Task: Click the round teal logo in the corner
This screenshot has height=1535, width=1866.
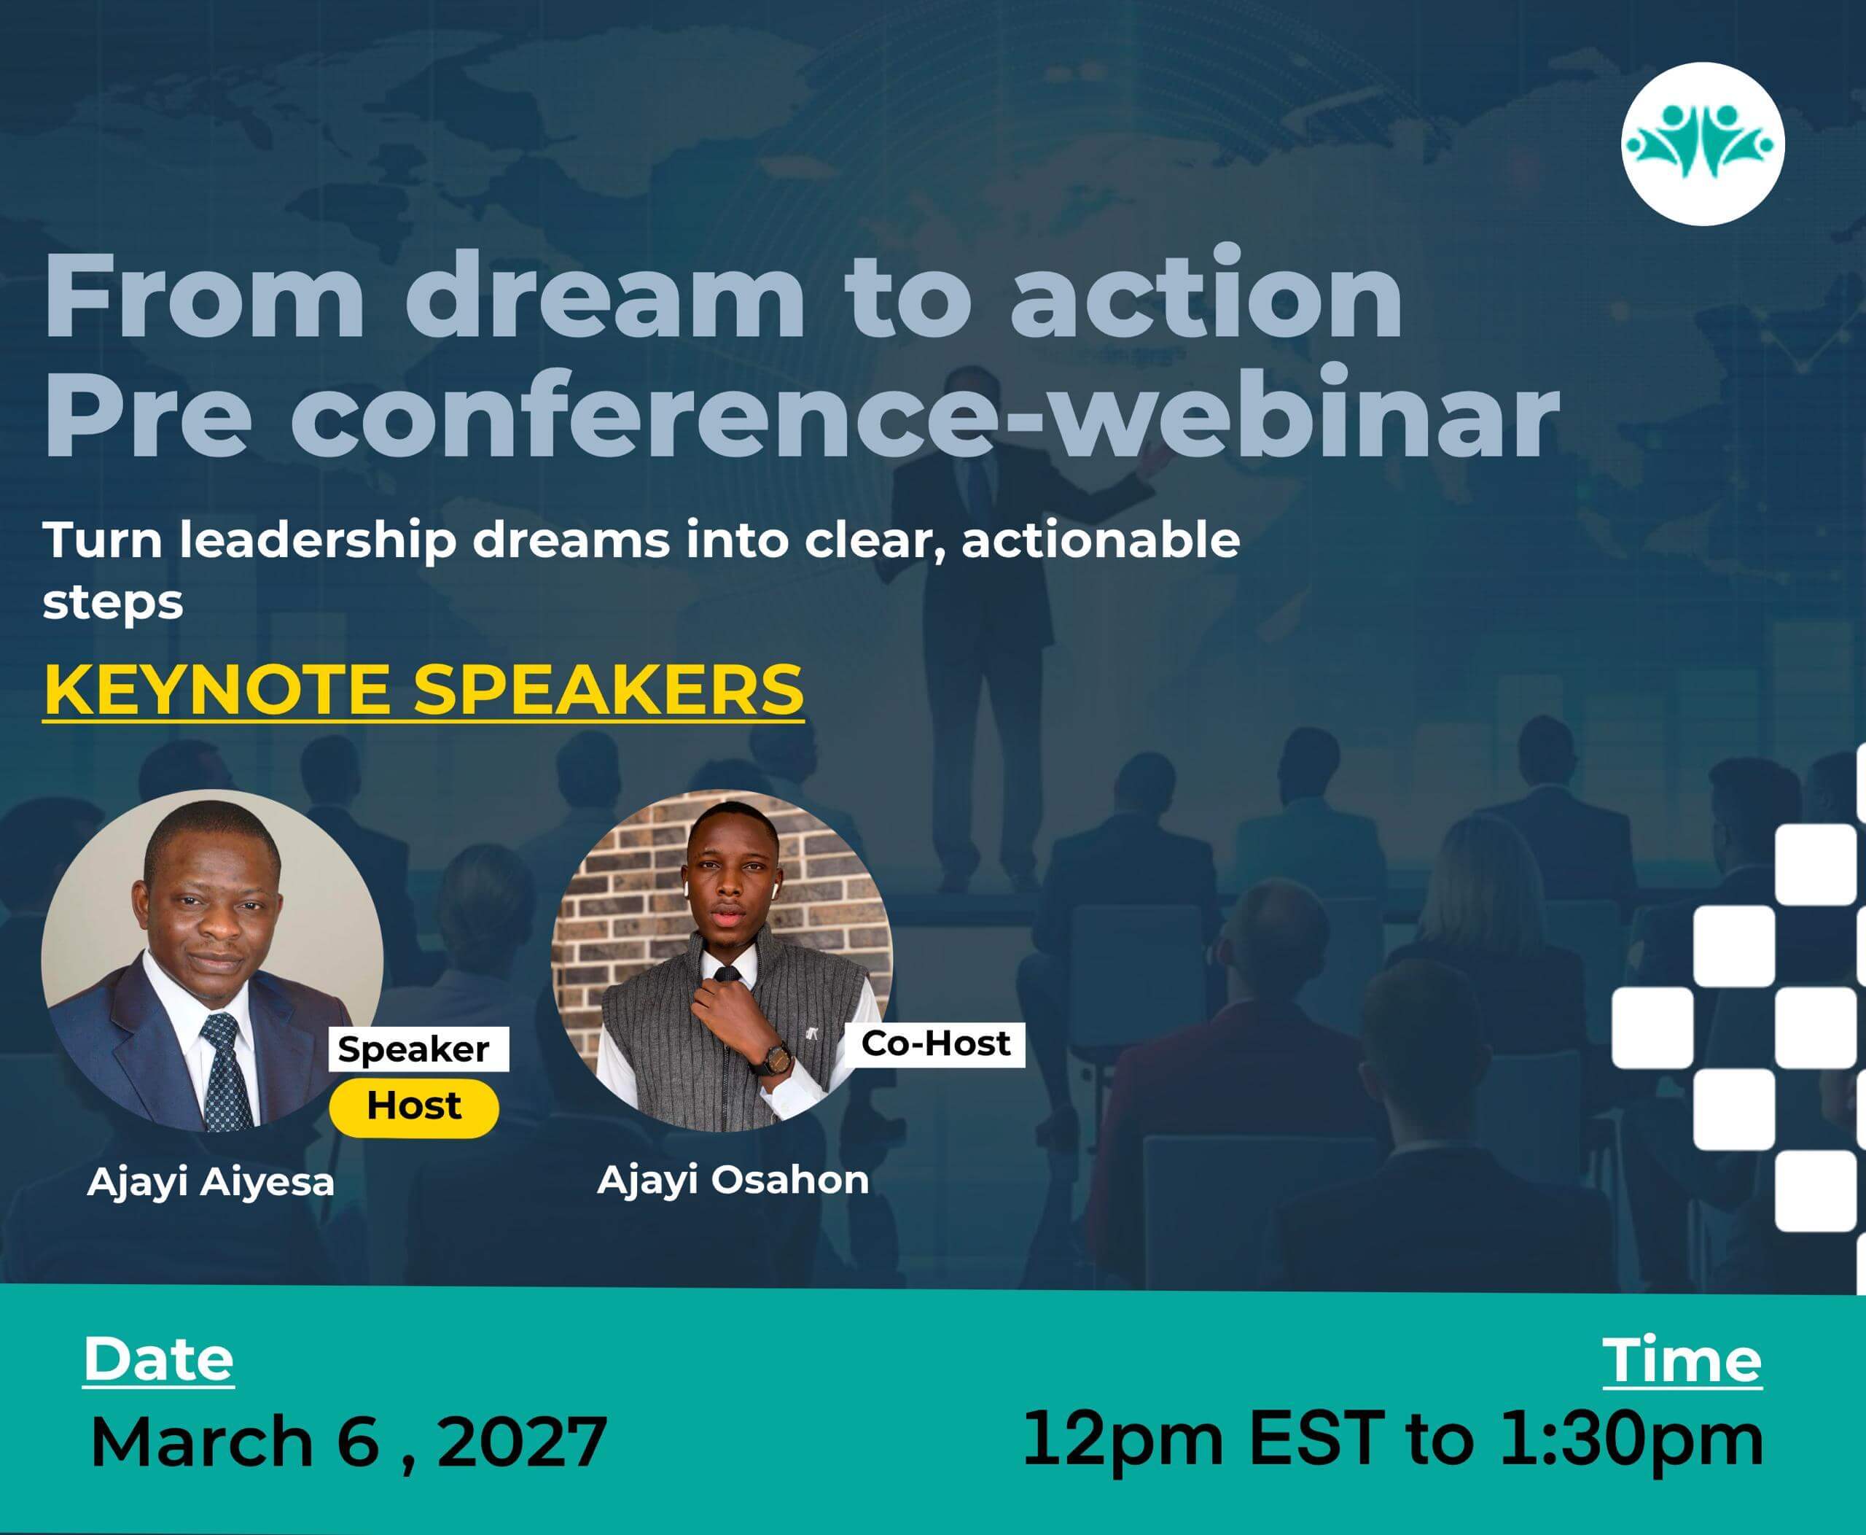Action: click(1703, 144)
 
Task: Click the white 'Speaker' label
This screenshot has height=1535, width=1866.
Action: click(414, 1049)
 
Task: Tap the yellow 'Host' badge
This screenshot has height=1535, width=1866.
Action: click(414, 1106)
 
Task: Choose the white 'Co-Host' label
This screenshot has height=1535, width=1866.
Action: click(935, 1044)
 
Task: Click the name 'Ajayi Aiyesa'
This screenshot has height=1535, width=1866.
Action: click(211, 1183)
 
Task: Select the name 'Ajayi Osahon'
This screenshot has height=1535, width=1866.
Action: click(733, 1181)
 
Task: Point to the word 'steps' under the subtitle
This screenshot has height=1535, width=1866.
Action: click(113, 604)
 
